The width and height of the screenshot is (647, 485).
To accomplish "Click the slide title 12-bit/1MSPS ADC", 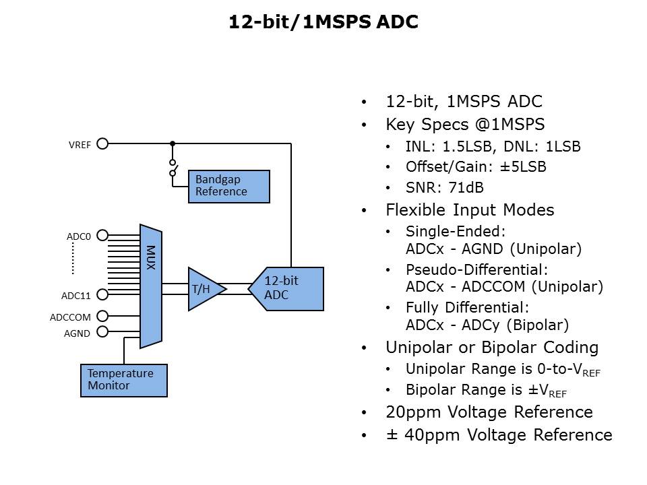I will click(x=323, y=22).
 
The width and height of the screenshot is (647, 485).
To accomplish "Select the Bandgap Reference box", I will click(x=228, y=186).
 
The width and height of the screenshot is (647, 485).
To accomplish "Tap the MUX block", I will click(x=150, y=286).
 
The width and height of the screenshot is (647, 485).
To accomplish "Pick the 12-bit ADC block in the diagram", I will click(x=287, y=288).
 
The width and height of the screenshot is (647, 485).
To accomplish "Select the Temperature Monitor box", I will click(x=123, y=380).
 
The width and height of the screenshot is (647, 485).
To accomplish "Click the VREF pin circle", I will click(x=102, y=143).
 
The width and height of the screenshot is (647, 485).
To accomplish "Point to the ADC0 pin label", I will click(x=78, y=236).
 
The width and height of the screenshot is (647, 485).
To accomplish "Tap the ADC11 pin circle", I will click(x=102, y=294).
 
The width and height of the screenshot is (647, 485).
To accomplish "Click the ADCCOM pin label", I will click(x=69, y=317).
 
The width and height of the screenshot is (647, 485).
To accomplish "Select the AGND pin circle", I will click(x=102, y=331).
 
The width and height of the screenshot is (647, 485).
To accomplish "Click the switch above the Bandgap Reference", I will click(x=173, y=168).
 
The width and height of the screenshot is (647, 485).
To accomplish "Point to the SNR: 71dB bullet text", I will click(x=444, y=188).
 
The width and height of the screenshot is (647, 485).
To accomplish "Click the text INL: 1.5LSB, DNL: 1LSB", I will click(x=493, y=146).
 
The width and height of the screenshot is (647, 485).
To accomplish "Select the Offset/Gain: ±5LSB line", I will click(x=475, y=167).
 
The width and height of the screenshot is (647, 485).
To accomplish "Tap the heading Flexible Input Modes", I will click(x=470, y=210).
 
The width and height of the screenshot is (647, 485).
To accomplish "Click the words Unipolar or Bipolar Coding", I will click(x=492, y=348).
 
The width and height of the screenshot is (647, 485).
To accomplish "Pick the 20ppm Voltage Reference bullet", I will click(x=489, y=412).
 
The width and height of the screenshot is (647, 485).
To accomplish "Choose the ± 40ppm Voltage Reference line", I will click(x=499, y=435).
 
